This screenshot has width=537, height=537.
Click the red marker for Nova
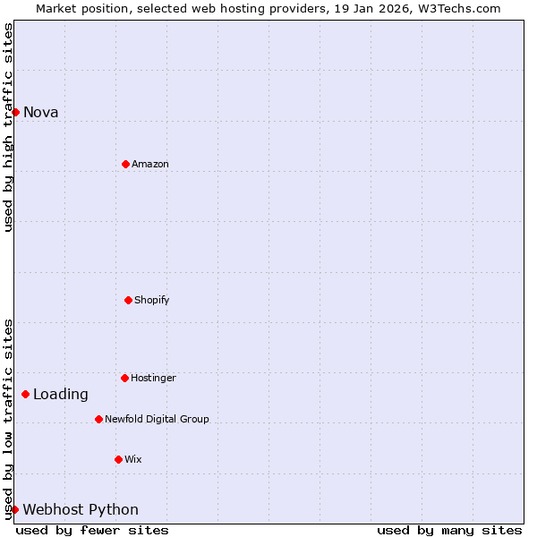tap(15, 112)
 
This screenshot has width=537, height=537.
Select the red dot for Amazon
tap(125, 164)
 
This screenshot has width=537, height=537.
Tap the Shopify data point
tap(128, 300)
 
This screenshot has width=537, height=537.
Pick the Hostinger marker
tap(124, 378)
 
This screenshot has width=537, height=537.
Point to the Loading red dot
tap(25, 394)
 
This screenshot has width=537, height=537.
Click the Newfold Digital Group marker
tap(98, 419)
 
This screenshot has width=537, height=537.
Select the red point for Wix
tap(118, 459)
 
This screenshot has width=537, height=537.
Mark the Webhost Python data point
tap(14, 509)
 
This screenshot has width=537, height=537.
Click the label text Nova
tap(40, 112)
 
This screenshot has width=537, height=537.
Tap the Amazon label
tap(149, 164)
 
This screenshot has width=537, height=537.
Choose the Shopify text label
tap(151, 300)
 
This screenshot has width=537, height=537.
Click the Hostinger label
tap(153, 378)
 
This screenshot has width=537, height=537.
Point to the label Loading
tap(61, 394)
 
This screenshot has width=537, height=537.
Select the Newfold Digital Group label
tap(157, 419)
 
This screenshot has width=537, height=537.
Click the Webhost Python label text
tap(81, 509)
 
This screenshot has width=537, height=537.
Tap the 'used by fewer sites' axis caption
tap(92, 530)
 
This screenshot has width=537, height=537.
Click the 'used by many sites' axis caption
tap(449, 530)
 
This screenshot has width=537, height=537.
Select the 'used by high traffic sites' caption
tap(8, 127)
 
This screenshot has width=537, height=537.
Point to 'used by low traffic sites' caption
tap(8, 419)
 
